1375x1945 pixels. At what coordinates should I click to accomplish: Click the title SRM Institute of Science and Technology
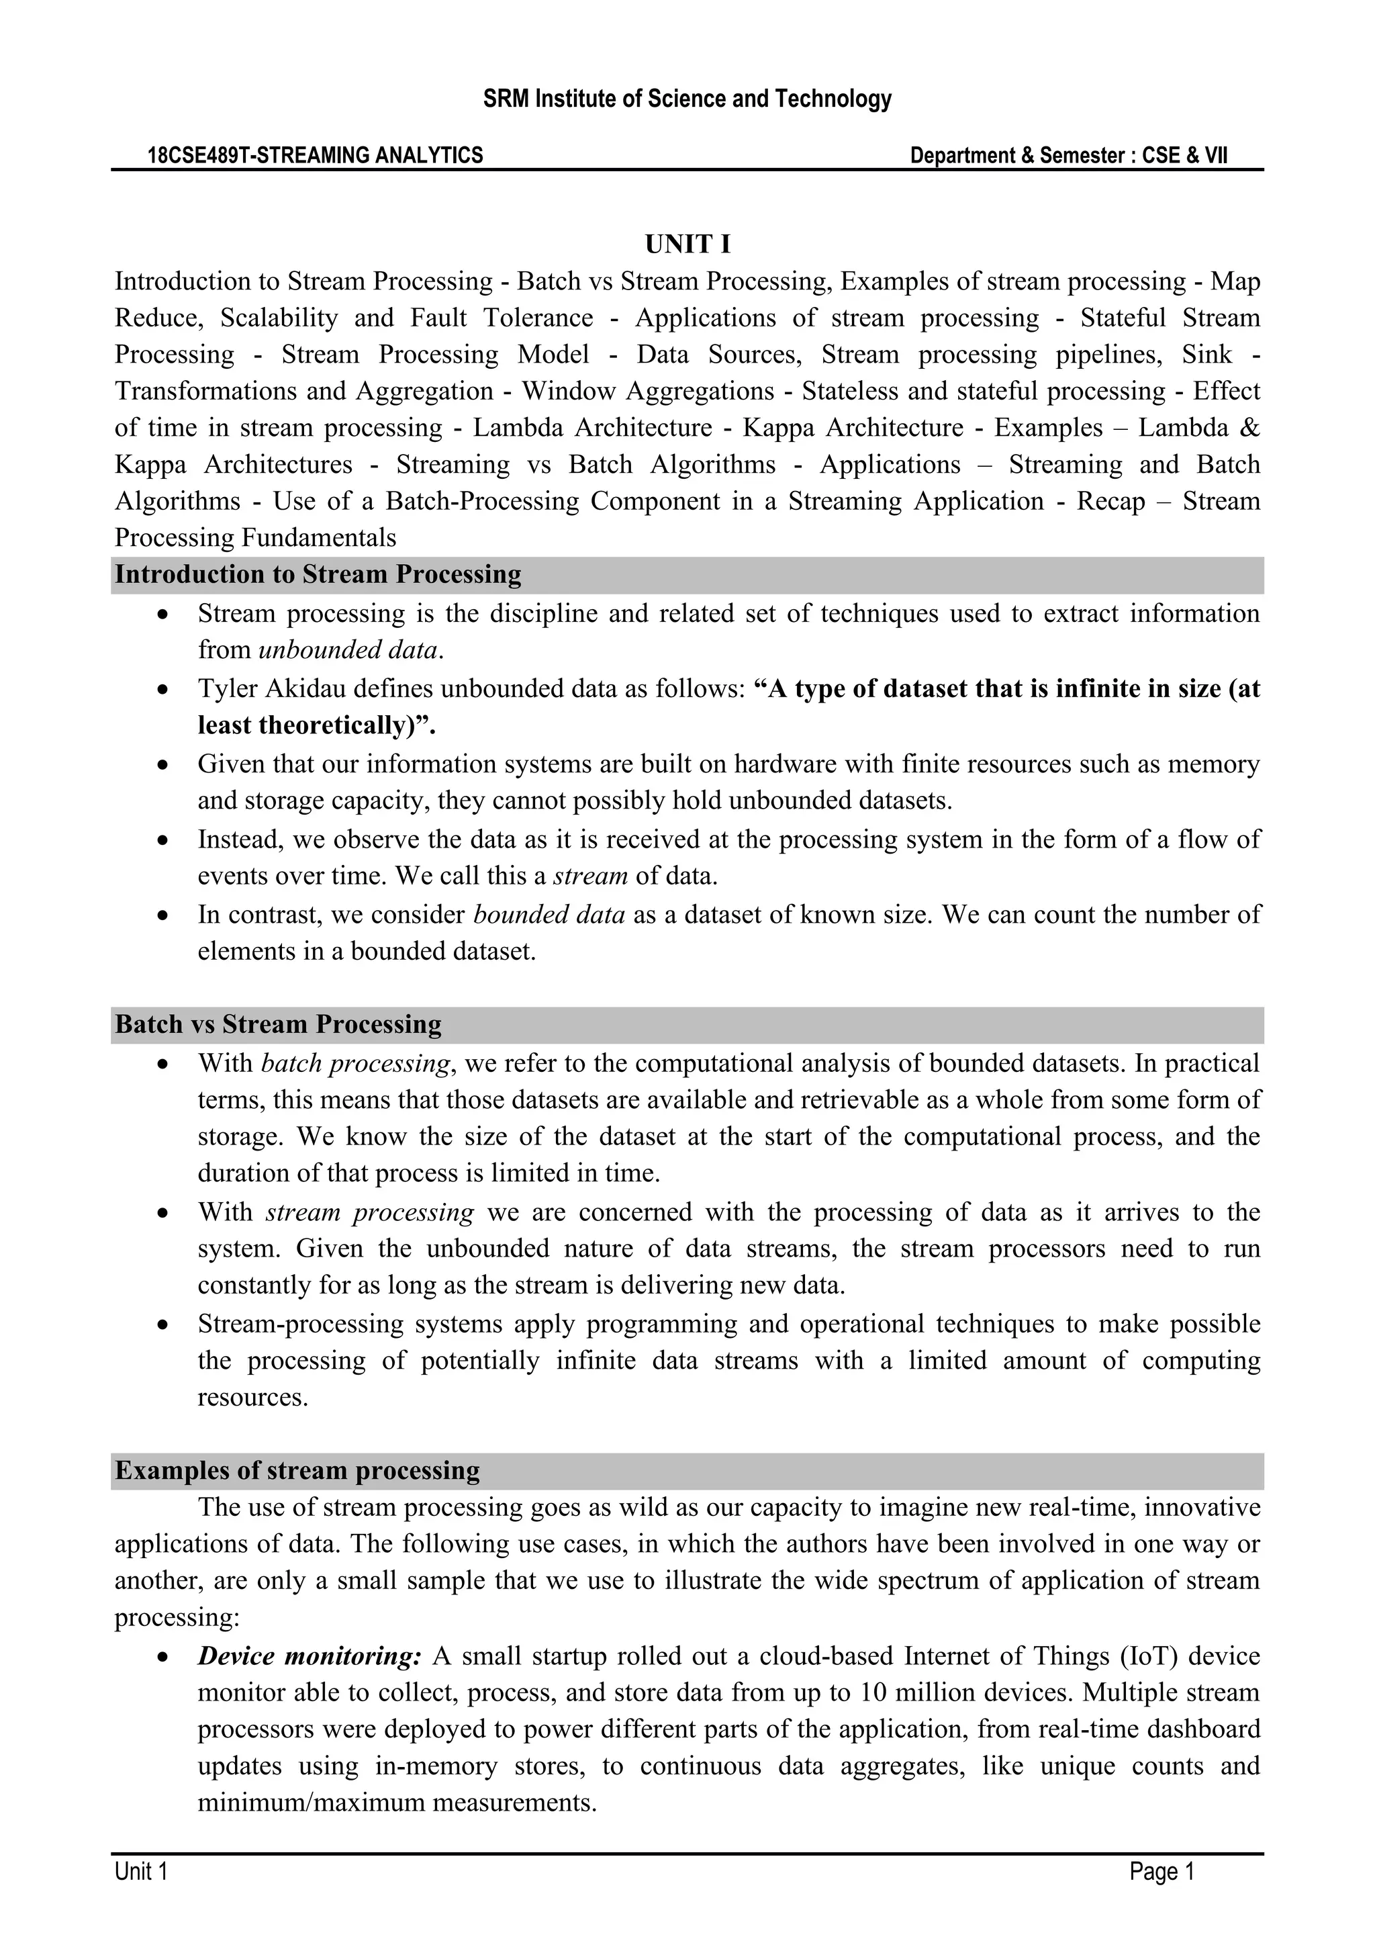pos(687,99)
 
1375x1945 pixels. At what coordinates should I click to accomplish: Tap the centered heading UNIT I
pos(687,245)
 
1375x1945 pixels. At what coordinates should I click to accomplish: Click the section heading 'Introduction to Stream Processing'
pos(318,574)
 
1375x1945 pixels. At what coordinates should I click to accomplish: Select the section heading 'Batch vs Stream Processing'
pos(278,1024)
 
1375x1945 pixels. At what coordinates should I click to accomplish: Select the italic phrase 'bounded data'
pos(549,914)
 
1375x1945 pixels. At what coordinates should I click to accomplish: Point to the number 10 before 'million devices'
pos(872,1692)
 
